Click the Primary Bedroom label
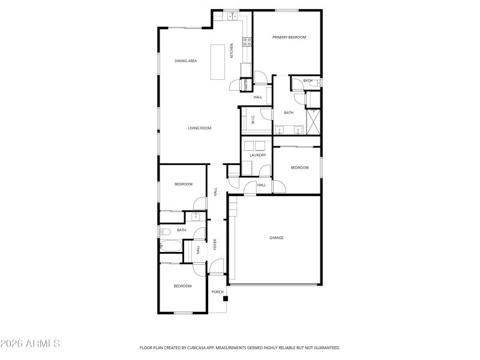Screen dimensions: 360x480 coord(289,37)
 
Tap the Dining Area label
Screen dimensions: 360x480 coord(186,61)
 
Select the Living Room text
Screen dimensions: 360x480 coord(200,128)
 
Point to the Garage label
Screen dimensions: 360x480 coord(276,238)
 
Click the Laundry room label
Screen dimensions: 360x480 coord(257,155)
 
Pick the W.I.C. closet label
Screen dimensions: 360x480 coord(253,119)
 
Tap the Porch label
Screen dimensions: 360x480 coord(217,292)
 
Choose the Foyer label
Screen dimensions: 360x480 coord(215,245)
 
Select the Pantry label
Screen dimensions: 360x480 coord(245,86)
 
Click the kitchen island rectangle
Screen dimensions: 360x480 coord(217,62)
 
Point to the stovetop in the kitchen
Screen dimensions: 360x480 coord(246,41)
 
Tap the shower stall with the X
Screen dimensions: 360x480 coord(313,121)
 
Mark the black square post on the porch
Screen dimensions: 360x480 coord(225,298)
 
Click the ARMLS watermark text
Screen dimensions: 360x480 coord(30,344)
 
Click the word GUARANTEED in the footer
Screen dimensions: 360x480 coord(325,347)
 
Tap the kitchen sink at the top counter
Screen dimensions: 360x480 coord(232,16)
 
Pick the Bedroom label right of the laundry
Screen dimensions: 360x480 coord(299,167)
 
